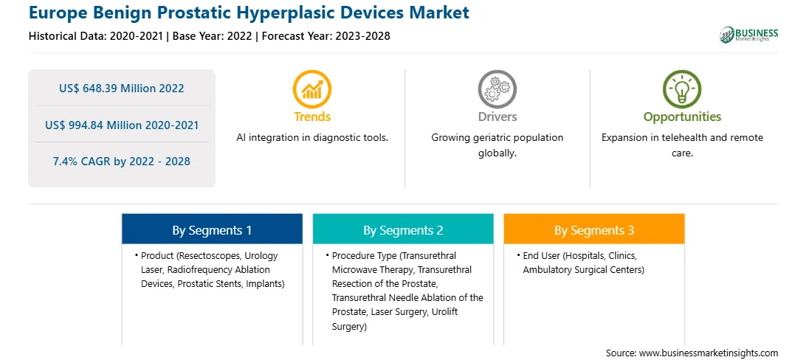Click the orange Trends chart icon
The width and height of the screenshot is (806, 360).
pyautogui.click(x=312, y=89)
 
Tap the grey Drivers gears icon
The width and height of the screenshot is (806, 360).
pyautogui.click(x=497, y=89)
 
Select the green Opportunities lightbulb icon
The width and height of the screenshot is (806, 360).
pyautogui.click(x=682, y=89)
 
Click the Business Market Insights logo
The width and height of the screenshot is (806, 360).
pyautogui.click(x=748, y=35)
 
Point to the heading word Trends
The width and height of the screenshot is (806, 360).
pyautogui.click(x=312, y=117)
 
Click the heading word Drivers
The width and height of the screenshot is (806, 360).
pyautogui.click(x=497, y=117)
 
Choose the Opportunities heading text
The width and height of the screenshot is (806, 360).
pyautogui.click(x=682, y=117)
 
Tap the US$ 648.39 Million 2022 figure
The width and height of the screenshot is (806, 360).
pyautogui.click(x=121, y=89)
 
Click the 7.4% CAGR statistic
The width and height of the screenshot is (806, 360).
pyautogui.click(x=121, y=162)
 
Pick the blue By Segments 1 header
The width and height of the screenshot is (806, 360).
pyautogui.click(x=212, y=230)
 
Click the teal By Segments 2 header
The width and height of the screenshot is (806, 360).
pyautogui.click(x=403, y=230)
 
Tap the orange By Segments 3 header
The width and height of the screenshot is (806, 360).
pyautogui.click(x=593, y=230)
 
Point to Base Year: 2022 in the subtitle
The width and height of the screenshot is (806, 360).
pyautogui.click(x=213, y=36)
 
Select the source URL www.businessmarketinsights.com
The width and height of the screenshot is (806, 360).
pyautogui.click(x=709, y=353)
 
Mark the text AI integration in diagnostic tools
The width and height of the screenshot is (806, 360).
pyautogui.click(x=312, y=138)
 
